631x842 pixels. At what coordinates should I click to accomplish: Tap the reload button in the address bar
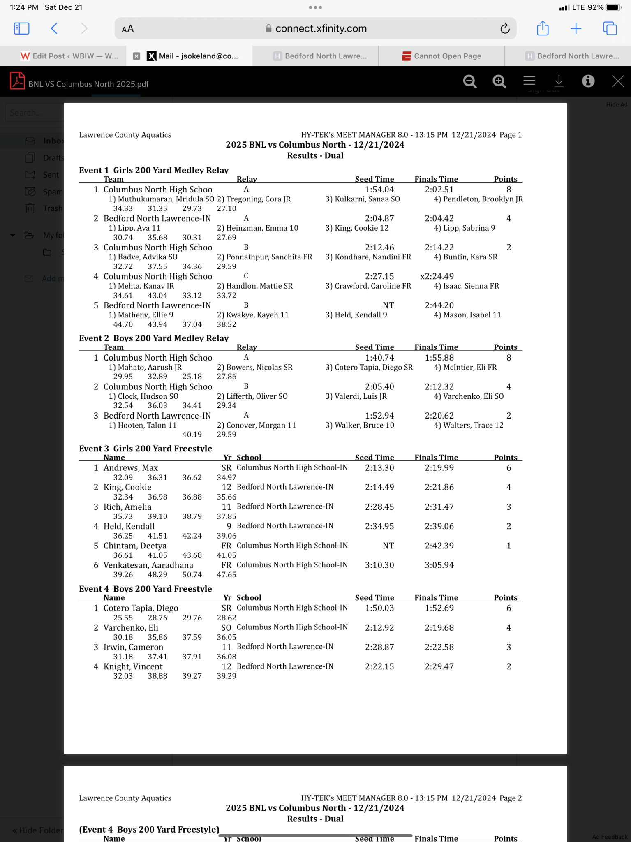(x=505, y=28)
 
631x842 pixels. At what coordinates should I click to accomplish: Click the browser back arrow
(x=54, y=28)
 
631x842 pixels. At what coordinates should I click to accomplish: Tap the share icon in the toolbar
(x=543, y=28)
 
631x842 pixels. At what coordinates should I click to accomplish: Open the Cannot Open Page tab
(x=441, y=56)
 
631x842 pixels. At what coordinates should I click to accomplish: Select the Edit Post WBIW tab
(x=69, y=56)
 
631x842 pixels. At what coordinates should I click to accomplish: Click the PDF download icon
(x=559, y=81)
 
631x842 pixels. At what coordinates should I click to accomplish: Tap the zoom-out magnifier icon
(x=469, y=81)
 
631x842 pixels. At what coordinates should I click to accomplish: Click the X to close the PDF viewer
(x=617, y=81)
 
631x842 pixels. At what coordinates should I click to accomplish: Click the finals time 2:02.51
(x=439, y=190)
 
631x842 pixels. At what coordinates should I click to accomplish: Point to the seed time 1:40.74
(x=379, y=358)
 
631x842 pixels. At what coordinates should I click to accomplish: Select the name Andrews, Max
(x=131, y=468)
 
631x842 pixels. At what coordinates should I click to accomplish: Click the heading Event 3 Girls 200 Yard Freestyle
(x=146, y=449)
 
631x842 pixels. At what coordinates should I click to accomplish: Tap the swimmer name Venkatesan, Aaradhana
(x=148, y=565)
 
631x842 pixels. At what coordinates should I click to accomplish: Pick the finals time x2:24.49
(x=437, y=276)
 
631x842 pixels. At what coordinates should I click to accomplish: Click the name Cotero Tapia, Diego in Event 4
(x=141, y=608)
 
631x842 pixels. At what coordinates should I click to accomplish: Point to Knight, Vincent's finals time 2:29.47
(x=439, y=666)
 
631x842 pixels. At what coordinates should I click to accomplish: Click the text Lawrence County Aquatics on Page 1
(x=125, y=135)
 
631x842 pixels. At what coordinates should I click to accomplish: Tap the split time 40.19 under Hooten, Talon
(x=192, y=435)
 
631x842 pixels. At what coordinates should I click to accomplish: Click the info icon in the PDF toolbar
(x=588, y=81)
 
